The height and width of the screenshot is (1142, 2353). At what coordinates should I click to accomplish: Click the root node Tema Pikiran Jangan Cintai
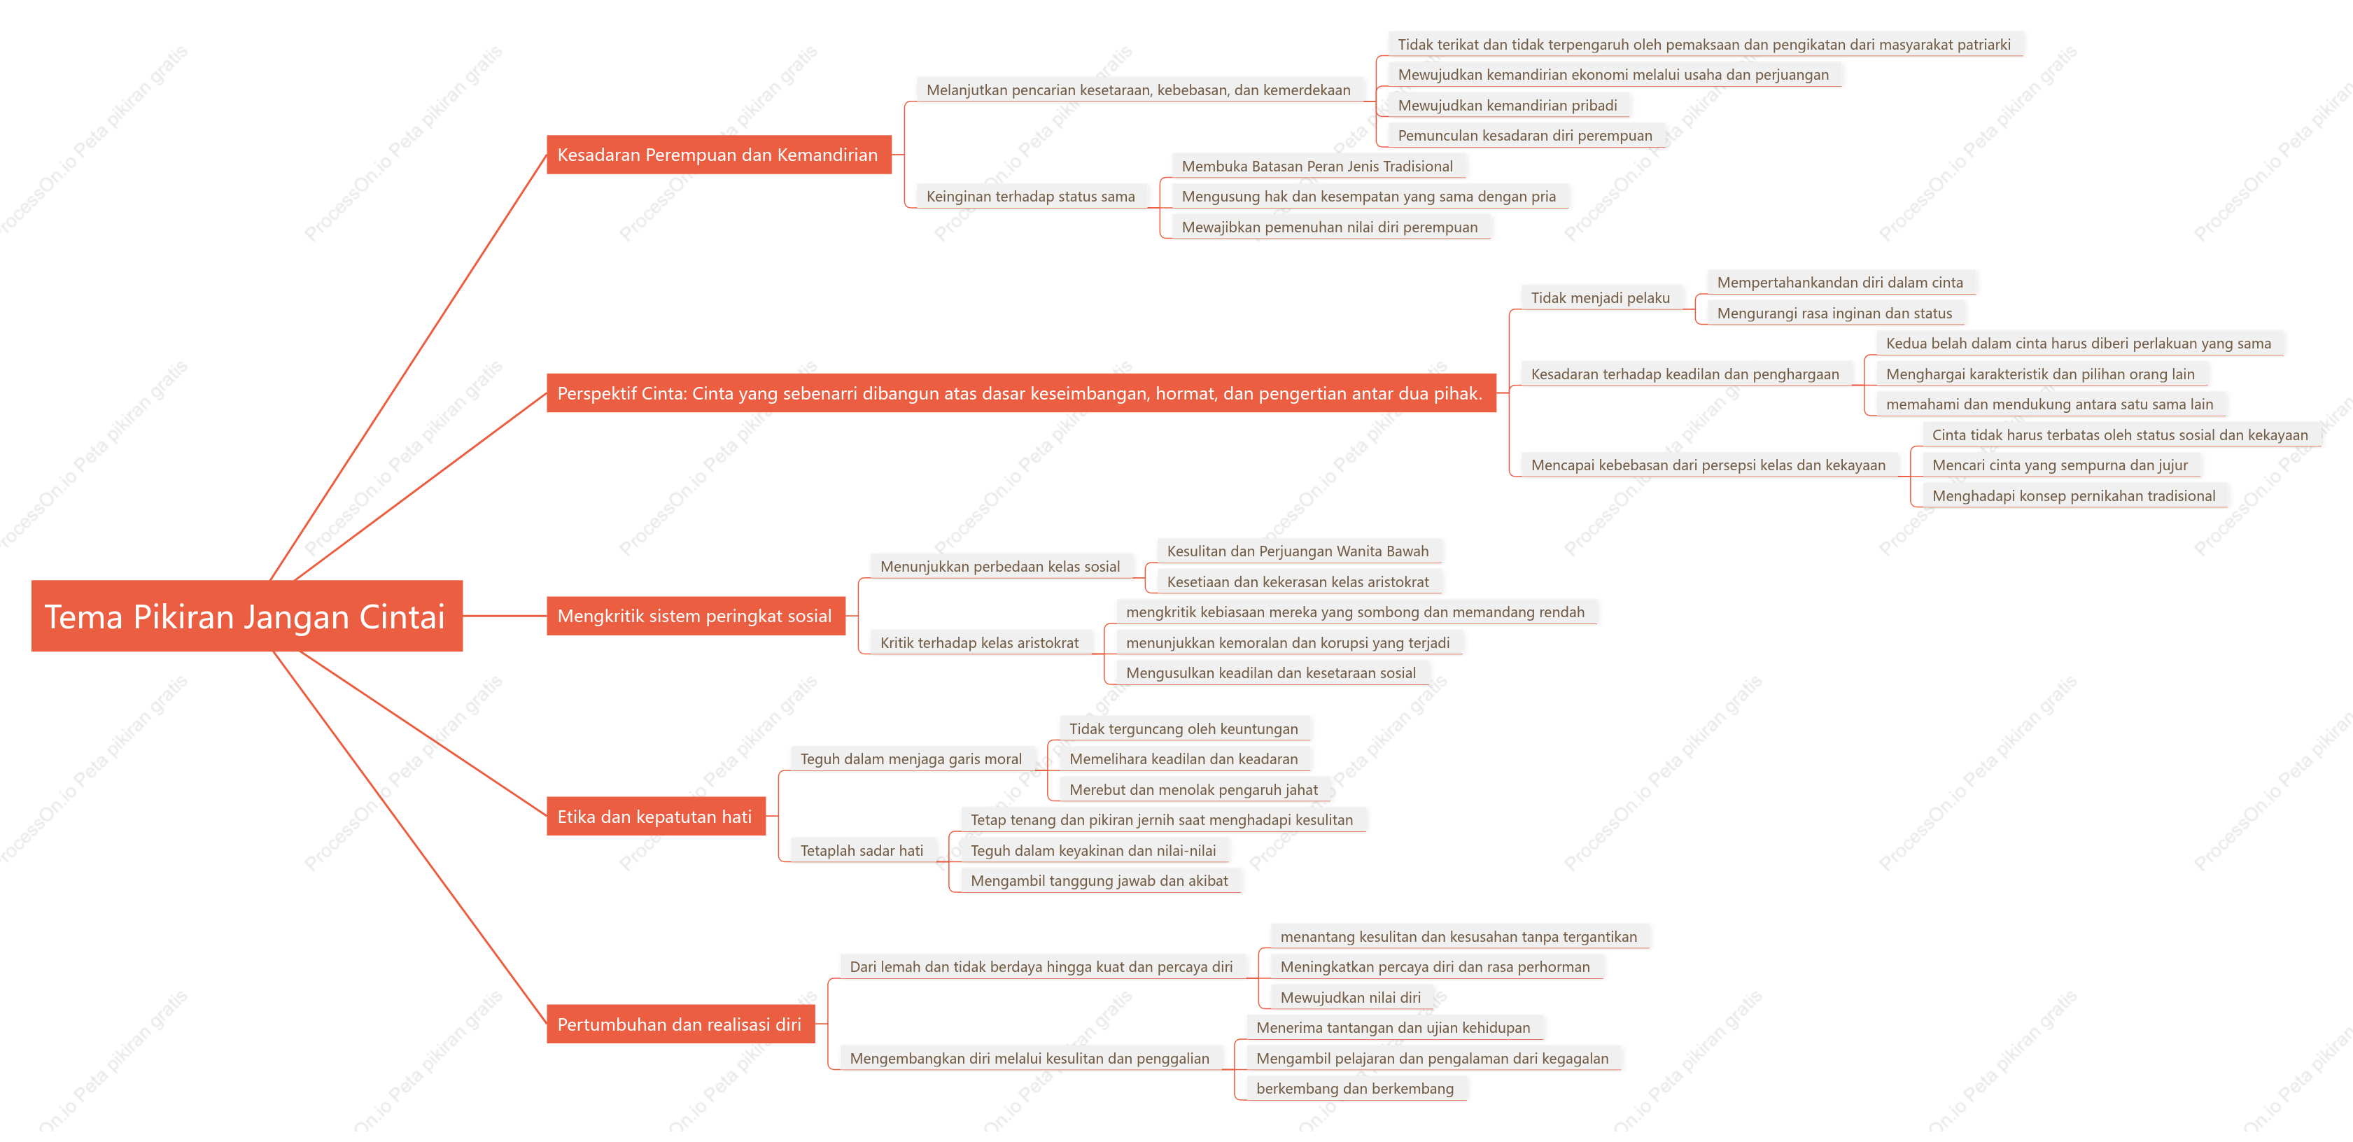(246, 616)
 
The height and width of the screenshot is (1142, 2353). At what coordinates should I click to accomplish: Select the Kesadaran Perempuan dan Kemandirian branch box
(719, 155)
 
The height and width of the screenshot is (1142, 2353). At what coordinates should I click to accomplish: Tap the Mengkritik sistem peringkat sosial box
(696, 616)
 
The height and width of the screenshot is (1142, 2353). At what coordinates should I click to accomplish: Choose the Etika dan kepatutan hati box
(656, 816)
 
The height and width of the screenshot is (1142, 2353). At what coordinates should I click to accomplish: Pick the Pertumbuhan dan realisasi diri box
(680, 1024)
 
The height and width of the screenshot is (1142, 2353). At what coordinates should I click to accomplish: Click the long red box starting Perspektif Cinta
(1021, 393)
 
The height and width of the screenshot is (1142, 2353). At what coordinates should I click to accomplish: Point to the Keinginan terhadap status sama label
(1030, 197)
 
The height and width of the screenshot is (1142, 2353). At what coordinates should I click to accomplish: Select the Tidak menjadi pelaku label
(1601, 298)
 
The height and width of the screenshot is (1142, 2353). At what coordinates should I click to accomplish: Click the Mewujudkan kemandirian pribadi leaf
(1507, 105)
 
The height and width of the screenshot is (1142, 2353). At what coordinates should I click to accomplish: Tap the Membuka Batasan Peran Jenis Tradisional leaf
(1317, 167)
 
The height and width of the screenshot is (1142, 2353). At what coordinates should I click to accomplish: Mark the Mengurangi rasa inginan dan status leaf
(1834, 313)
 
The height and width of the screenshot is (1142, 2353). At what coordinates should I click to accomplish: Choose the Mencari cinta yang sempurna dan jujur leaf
(2060, 465)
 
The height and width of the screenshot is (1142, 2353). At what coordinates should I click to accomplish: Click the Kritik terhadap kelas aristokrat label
(979, 642)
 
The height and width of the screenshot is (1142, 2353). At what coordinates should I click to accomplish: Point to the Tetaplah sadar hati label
(862, 851)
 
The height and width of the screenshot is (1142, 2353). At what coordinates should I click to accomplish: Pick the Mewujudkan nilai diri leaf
(1351, 998)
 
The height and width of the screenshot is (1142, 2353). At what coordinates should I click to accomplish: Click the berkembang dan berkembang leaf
(1354, 1088)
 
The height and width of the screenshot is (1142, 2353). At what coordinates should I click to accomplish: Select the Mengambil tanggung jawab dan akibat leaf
(1099, 881)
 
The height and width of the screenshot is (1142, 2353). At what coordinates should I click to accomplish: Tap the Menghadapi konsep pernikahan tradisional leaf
(2074, 496)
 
